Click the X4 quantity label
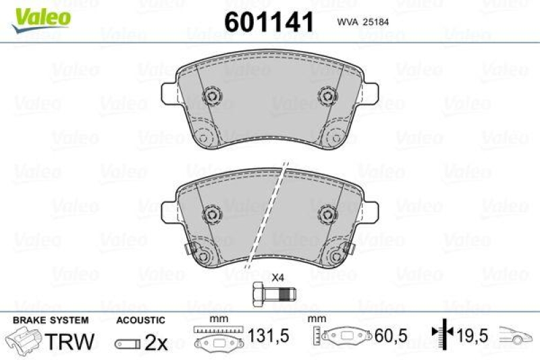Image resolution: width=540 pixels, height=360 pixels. (x=277, y=277)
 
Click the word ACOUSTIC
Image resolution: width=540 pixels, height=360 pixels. (x=140, y=319)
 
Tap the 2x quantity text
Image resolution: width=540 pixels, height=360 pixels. (x=156, y=343)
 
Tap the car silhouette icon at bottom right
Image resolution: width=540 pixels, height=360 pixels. (x=517, y=335)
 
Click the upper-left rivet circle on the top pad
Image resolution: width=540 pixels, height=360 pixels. (x=212, y=96)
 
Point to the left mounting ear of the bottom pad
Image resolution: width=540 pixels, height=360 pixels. (x=169, y=209)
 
